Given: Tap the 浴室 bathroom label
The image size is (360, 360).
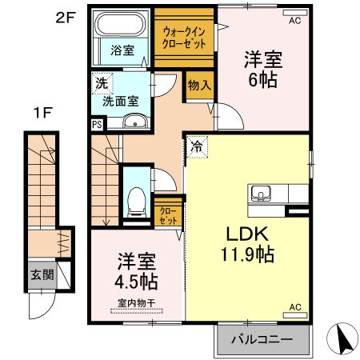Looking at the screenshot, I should [x=122, y=50].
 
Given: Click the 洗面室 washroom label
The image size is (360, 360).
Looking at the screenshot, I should [x=118, y=102].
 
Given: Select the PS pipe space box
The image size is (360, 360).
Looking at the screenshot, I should [x=97, y=124].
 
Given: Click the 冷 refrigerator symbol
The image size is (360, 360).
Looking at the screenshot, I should [x=196, y=146].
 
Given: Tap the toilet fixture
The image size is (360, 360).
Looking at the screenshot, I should [x=136, y=196].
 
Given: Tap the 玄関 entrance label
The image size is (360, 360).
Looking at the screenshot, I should [x=42, y=274].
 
